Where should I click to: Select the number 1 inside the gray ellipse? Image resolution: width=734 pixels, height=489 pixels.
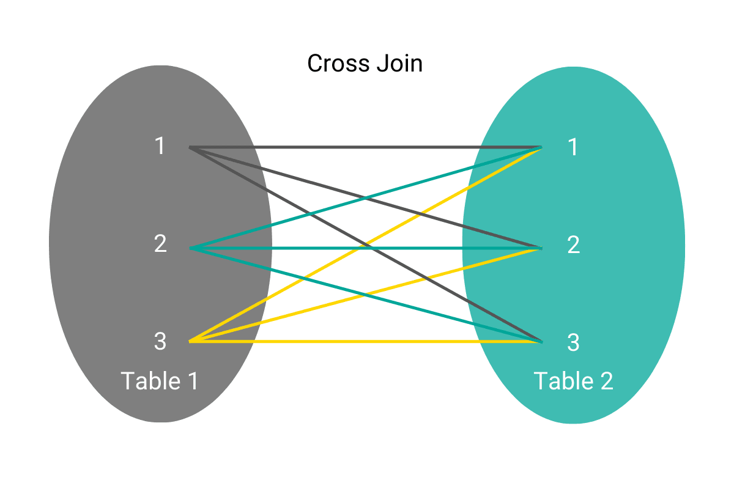pos(160,147)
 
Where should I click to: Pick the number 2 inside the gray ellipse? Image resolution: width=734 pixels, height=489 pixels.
pos(160,244)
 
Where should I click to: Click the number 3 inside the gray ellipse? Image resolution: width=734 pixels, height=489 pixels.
pos(160,342)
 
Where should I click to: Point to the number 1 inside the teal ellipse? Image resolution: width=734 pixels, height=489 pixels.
pos(573,147)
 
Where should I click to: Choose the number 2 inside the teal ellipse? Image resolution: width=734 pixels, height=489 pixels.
pos(573,245)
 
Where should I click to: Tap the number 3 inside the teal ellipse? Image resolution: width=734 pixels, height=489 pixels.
pos(573,343)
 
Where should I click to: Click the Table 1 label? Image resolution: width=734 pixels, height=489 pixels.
pos(160,381)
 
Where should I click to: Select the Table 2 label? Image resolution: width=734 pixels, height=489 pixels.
pos(573,381)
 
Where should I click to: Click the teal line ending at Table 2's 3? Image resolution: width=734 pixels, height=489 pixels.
pos(428,311)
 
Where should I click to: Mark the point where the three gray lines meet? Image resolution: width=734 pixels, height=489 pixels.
pos(191,147)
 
